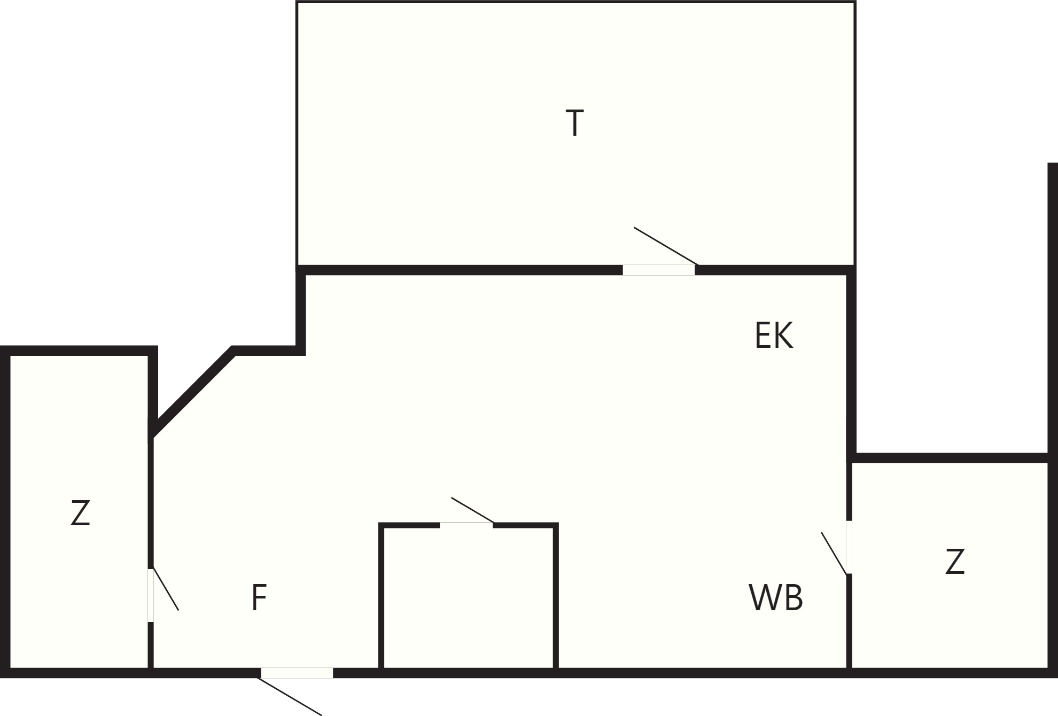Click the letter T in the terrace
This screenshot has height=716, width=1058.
pos(575,123)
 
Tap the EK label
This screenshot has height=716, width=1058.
pos(774,335)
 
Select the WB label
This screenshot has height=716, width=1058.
pos(776,597)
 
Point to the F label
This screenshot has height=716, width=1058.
pos(259,597)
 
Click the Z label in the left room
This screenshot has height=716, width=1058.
pos(80,513)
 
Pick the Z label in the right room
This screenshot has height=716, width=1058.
pos(955,562)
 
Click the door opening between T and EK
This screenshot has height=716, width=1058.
pos(659,270)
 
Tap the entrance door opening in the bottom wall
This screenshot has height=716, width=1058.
pos(297,673)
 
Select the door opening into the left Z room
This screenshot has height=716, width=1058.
pos(151,595)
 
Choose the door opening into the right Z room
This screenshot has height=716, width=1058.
pos(849,547)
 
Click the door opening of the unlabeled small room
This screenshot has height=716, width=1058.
pos(466,525)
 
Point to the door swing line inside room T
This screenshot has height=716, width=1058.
pos(666,246)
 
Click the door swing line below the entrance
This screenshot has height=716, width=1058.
pos(290,696)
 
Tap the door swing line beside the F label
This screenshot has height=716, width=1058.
pos(166,589)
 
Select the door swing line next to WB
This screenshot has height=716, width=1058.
pos(835,553)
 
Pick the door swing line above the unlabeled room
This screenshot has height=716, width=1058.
pos(473,510)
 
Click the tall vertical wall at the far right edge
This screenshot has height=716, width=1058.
pos(1053,310)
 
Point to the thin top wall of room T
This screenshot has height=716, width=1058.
pos(576,2)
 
